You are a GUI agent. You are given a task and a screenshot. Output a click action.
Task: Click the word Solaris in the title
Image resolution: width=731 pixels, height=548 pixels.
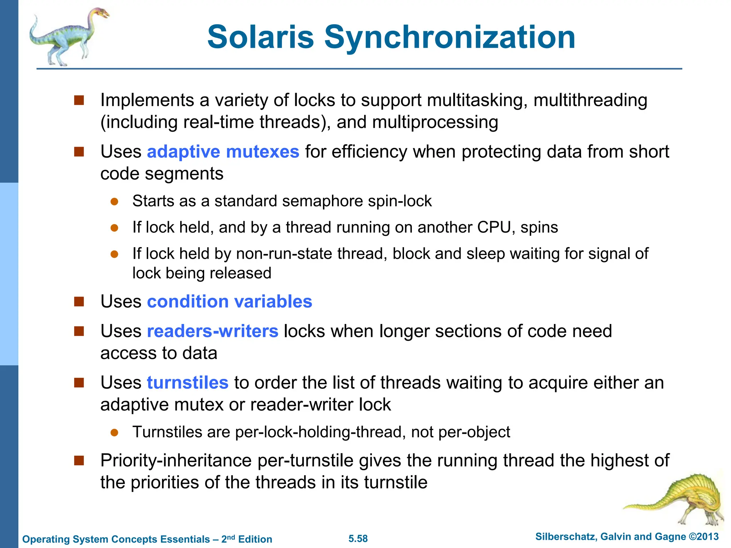click(261, 37)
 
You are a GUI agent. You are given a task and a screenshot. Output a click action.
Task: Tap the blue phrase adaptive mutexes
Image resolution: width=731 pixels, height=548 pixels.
click(223, 152)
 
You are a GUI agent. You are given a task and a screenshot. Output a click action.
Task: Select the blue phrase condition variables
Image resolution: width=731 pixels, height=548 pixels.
click(230, 301)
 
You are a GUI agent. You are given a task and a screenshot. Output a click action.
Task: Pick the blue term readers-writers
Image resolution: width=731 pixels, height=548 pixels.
click(212, 331)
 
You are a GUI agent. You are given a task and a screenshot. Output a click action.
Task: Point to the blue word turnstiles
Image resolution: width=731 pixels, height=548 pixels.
click(187, 382)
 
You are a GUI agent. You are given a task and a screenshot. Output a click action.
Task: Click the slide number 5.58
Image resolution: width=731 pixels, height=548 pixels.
click(358, 538)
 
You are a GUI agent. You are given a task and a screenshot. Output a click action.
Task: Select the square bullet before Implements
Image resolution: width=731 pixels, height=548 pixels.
click(79, 100)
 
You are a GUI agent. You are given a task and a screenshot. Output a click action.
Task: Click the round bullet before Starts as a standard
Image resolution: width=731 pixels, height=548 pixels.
click(114, 202)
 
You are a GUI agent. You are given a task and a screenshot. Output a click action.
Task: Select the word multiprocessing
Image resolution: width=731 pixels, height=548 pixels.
click(435, 122)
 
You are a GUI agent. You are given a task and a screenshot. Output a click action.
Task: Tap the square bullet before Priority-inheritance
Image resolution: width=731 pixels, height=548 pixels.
click(79, 461)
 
